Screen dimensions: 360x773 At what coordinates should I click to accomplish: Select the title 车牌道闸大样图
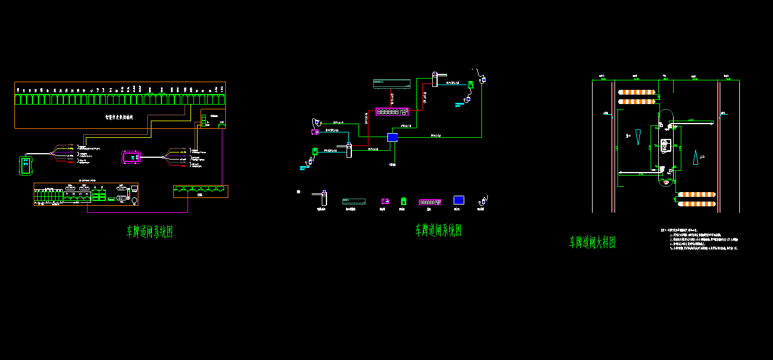592,242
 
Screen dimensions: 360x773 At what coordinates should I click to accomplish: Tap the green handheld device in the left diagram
25,164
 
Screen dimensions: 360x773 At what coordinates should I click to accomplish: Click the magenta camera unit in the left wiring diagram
130,157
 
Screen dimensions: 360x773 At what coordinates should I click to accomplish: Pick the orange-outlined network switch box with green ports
200,191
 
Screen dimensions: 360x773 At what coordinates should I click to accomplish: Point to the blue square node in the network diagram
392,137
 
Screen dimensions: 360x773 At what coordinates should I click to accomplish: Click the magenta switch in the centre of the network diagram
392,111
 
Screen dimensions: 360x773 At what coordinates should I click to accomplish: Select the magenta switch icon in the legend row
430,202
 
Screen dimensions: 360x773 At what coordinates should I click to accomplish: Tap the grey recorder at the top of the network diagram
392,84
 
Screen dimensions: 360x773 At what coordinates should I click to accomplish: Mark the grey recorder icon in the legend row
354,202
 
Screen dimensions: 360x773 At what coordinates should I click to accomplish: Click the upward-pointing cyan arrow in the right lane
696,158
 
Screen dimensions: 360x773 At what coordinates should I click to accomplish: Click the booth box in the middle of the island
666,144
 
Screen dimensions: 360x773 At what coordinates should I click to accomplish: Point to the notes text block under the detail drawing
701,239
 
